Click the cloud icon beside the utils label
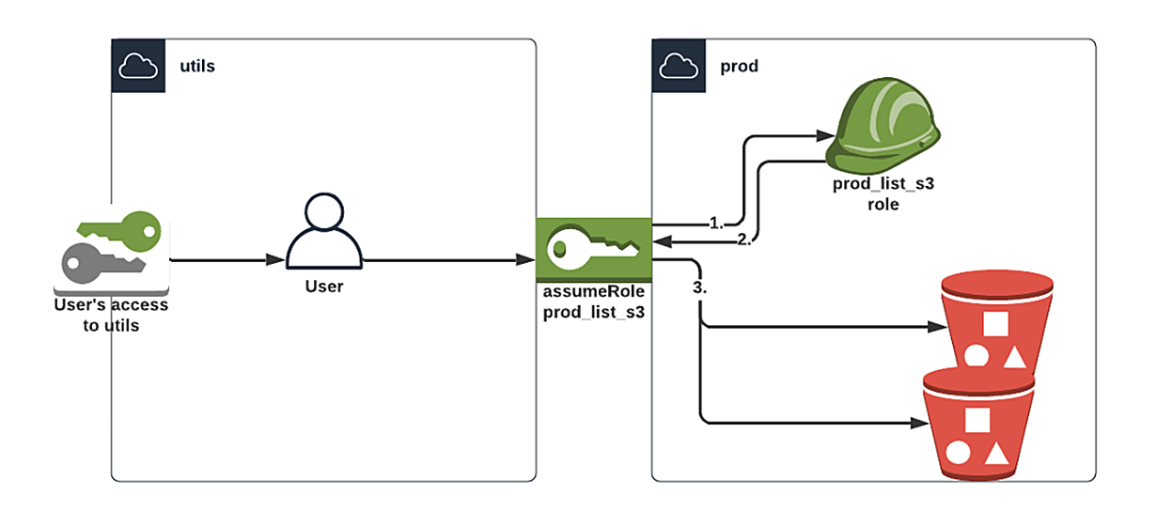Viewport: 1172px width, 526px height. [137, 66]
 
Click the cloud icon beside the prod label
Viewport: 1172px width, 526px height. [678, 66]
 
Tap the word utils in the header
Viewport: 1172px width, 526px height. [197, 66]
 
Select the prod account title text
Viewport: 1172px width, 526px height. [739, 67]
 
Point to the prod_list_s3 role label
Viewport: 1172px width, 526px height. [883, 193]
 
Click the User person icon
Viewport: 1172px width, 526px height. [323, 235]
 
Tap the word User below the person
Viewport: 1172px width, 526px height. [324, 286]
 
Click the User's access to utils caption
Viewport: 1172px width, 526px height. [110, 315]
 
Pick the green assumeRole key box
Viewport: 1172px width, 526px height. [593, 249]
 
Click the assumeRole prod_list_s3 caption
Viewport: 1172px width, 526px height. [593, 302]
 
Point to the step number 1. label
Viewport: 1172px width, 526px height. [716, 224]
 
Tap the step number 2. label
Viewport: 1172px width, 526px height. [745, 240]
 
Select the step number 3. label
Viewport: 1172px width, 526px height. [699, 288]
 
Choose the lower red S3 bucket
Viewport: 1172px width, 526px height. [977, 423]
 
